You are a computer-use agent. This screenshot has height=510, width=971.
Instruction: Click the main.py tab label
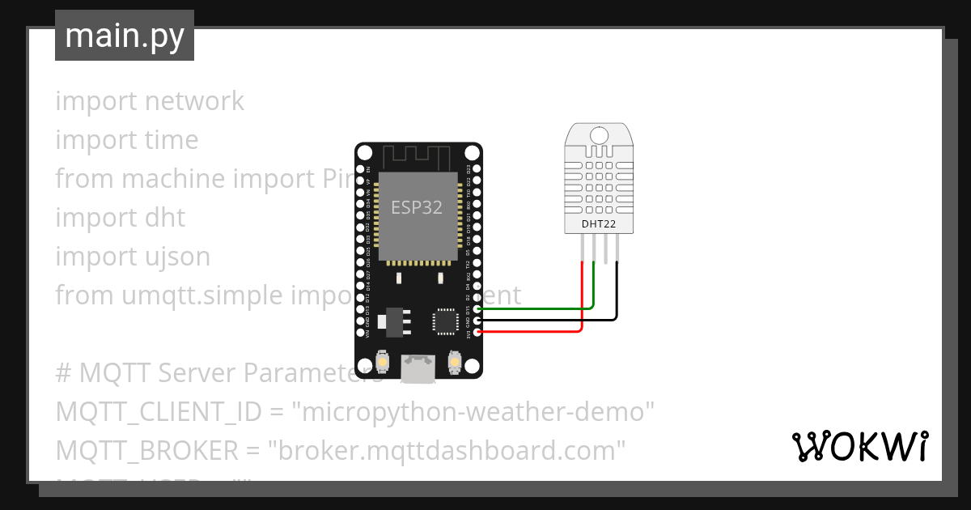(x=124, y=36)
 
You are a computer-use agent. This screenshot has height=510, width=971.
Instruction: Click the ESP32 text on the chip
(x=417, y=207)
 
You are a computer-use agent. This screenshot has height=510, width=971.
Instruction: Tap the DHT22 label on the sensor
(x=599, y=223)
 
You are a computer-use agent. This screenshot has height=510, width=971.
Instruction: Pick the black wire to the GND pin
(x=550, y=320)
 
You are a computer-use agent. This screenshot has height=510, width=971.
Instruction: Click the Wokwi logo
(x=859, y=446)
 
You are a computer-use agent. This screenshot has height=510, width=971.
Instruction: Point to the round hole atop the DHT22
(x=600, y=134)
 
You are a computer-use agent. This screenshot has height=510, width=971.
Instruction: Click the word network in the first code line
(x=194, y=101)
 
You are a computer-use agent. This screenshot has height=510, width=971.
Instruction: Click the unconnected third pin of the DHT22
(x=606, y=248)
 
